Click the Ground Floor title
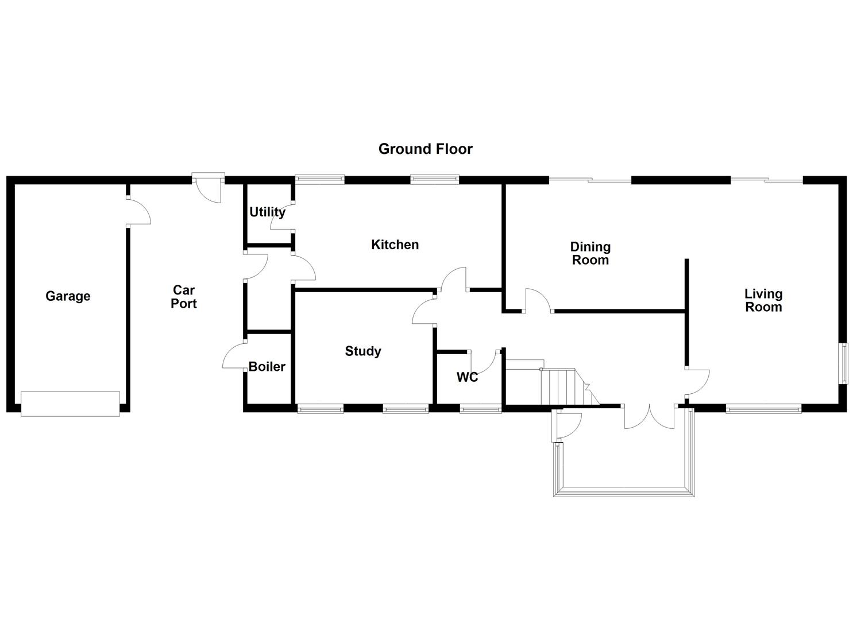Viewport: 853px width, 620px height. click(x=425, y=149)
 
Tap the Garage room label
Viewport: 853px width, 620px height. click(x=68, y=296)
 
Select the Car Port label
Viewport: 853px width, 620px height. click(x=184, y=297)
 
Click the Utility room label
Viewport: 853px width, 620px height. click(x=267, y=212)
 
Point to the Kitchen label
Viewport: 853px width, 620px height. click(x=395, y=245)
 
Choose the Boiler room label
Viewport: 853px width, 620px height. click(x=267, y=366)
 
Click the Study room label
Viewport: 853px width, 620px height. click(x=362, y=351)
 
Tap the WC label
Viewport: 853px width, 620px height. click(x=467, y=377)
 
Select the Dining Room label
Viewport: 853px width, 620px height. click(x=590, y=253)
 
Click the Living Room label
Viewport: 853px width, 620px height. click(x=763, y=300)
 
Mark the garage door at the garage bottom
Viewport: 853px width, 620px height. click(x=70, y=404)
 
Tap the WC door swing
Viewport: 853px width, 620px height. click(x=486, y=362)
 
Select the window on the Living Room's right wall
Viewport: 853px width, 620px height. click(x=844, y=363)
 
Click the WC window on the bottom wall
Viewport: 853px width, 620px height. click(x=481, y=409)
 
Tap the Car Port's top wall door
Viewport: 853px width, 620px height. click(x=208, y=188)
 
